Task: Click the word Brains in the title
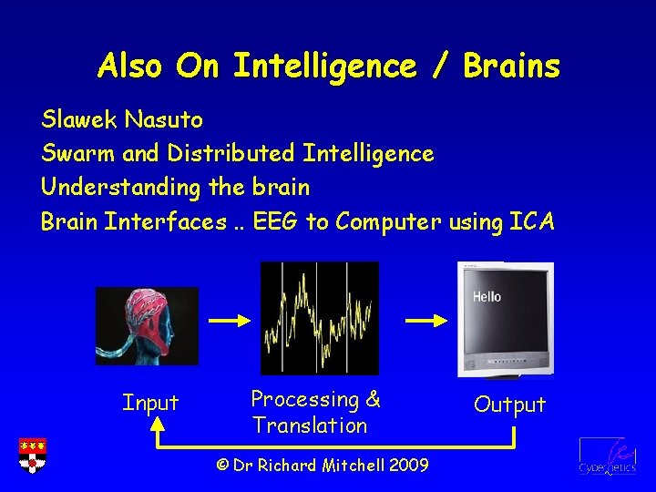click(x=511, y=67)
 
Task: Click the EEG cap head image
click(x=147, y=325)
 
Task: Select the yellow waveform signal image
click(x=319, y=318)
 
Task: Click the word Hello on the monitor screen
click(x=487, y=297)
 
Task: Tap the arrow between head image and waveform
click(x=229, y=321)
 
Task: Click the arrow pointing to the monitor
click(x=425, y=321)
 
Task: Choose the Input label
click(x=150, y=403)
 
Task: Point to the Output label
click(x=509, y=405)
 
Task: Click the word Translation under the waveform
click(x=310, y=425)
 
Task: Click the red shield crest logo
click(x=32, y=456)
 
